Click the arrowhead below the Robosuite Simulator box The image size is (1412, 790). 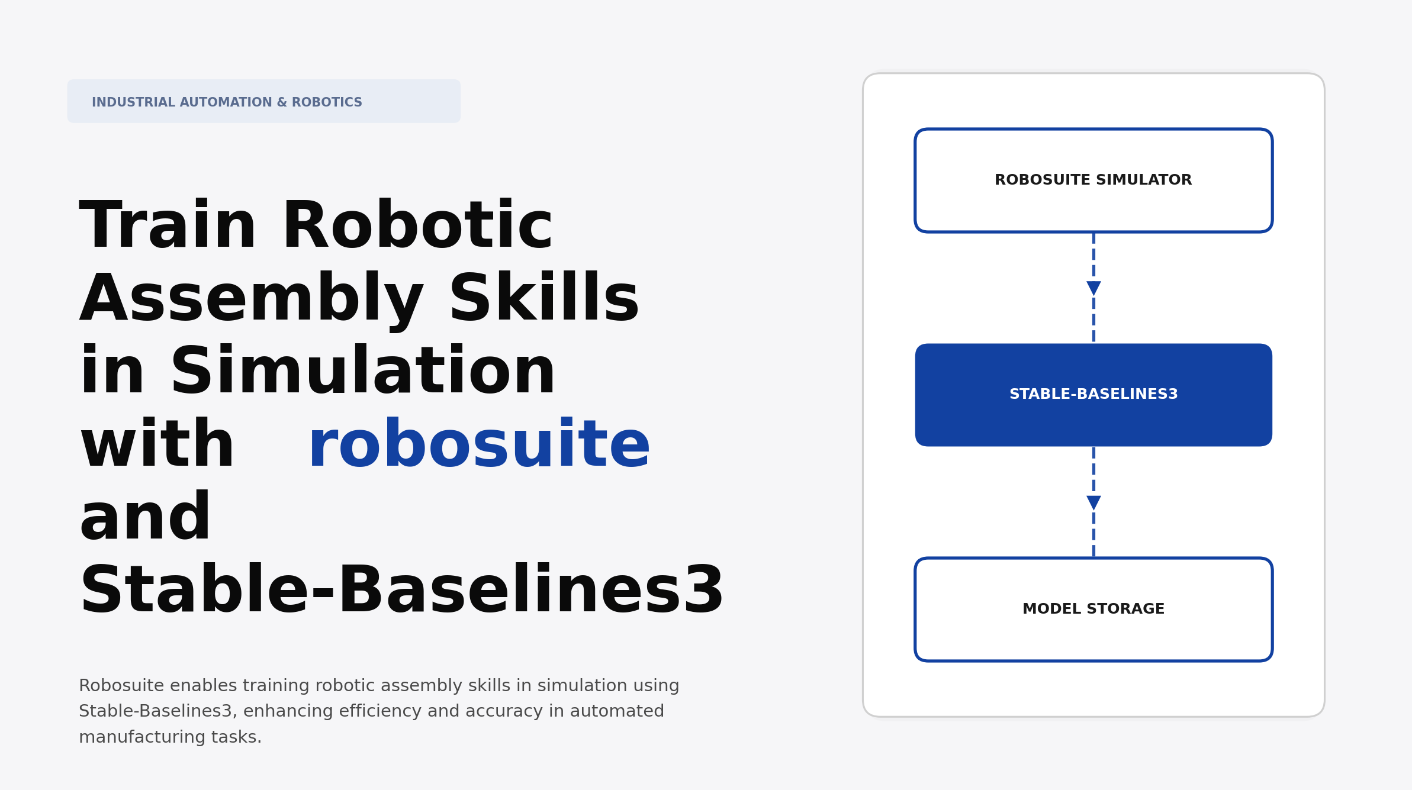1093,288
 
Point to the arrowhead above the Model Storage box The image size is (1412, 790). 1093,502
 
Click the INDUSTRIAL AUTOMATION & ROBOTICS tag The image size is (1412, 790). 263,102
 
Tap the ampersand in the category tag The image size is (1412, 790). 282,102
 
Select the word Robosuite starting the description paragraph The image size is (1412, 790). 121,686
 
